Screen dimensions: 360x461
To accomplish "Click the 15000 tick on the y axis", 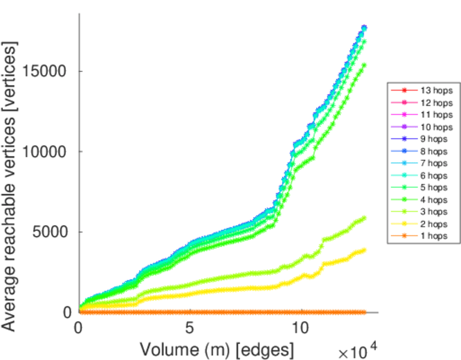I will pyautogui.click(x=46, y=71).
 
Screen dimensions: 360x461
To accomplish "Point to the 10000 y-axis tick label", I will pyautogui.click(x=46, y=151).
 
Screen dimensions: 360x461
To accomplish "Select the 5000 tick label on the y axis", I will pyautogui.click(x=50, y=232).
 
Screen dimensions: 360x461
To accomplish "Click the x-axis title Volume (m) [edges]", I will pyautogui.click(x=217, y=349).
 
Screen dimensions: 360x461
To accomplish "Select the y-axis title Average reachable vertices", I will pyautogui.click(x=10, y=186).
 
